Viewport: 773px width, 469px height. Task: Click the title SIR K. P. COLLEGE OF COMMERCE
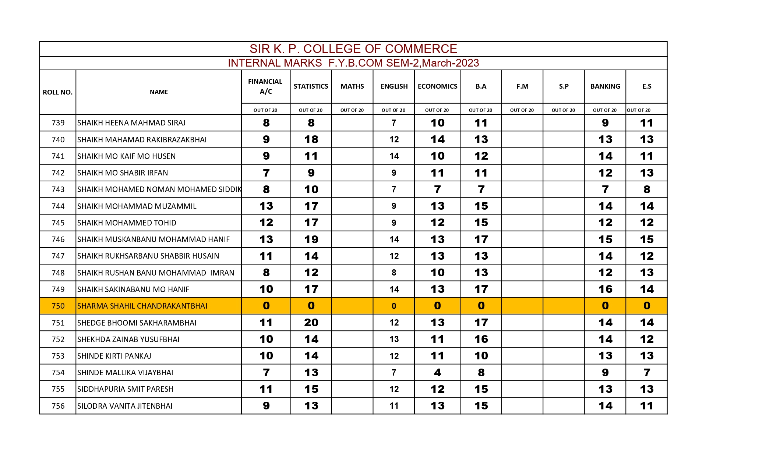click(x=353, y=49)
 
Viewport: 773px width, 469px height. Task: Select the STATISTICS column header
click(x=311, y=86)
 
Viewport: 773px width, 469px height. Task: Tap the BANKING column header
click(x=605, y=86)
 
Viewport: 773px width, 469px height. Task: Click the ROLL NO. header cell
click(x=57, y=92)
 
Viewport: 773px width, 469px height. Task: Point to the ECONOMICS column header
click(x=437, y=86)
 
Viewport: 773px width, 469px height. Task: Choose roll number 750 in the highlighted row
click(x=58, y=306)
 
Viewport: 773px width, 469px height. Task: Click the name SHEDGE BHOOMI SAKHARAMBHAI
click(x=137, y=323)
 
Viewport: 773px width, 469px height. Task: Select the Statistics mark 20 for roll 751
click(x=311, y=323)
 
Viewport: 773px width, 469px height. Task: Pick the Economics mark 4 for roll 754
click(x=437, y=373)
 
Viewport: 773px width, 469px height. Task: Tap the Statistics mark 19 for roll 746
click(x=311, y=239)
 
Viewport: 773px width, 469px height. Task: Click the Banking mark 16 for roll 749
click(x=605, y=289)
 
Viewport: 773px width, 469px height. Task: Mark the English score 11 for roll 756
click(x=394, y=406)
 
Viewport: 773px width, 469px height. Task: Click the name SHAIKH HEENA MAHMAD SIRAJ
click(x=131, y=123)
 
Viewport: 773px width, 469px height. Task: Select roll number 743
click(x=58, y=189)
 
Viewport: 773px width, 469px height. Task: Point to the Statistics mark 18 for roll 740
click(x=311, y=139)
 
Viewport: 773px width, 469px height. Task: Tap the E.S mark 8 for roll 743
click(x=647, y=189)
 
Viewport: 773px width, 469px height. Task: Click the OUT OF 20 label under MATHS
click(x=352, y=110)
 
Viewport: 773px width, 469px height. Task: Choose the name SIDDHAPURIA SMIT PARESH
click(x=125, y=389)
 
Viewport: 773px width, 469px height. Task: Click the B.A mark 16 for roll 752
click(x=481, y=339)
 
